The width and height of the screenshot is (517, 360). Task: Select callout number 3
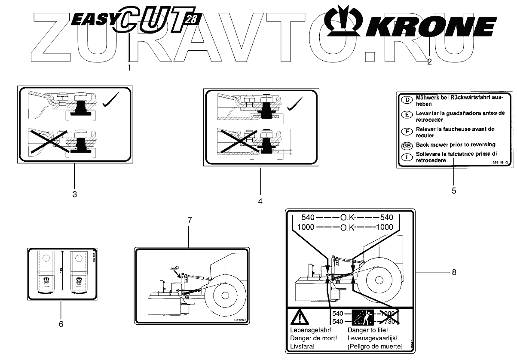click(x=74, y=194)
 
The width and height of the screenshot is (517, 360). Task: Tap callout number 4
click(x=260, y=201)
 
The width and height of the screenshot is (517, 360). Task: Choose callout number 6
click(x=61, y=323)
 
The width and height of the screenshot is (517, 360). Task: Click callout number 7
click(x=190, y=220)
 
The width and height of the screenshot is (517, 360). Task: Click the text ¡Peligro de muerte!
click(x=375, y=345)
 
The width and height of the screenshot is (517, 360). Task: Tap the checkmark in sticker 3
click(x=111, y=102)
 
